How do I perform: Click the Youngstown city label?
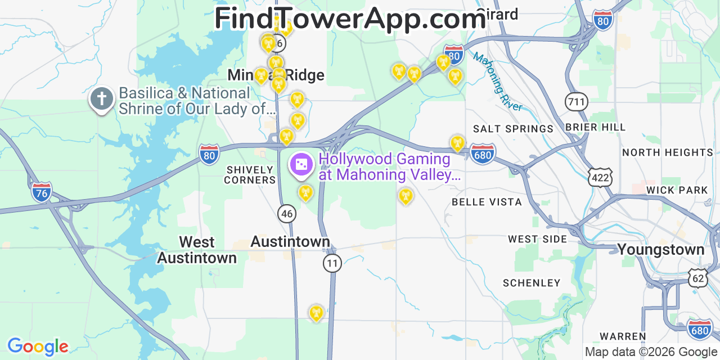coord(660,249)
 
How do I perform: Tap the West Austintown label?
coord(197,250)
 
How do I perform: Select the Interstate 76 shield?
coord(41,192)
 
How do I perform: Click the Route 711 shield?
coord(577,102)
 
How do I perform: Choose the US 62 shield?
coord(698,278)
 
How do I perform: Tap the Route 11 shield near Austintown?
coord(332,263)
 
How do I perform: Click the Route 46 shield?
coord(287,213)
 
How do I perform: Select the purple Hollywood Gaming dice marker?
coord(301,164)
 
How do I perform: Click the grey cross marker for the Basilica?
coord(102,100)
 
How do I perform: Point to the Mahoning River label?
coord(498,82)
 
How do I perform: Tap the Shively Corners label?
coord(250,174)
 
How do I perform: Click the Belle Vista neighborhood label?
coord(487,201)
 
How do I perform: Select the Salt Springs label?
coord(513,129)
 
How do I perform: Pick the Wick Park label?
coord(677,190)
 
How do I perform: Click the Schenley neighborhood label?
coord(532,283)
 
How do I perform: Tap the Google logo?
coord(37,346)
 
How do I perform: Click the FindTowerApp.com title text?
coord(349,19)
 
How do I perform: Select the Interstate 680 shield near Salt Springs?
coord(483,154)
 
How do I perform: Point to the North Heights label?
coord(667,152)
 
